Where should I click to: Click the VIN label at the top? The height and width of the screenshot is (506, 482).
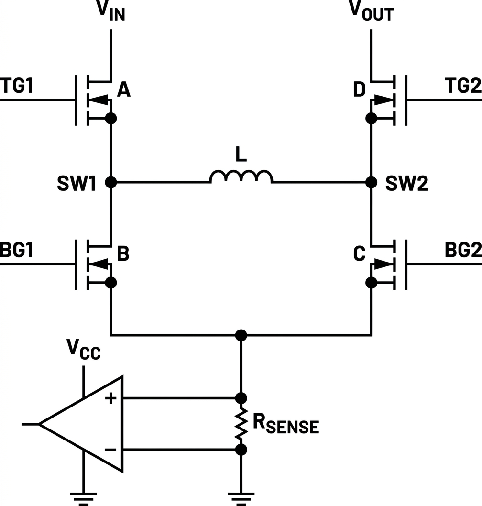tap(110, 11)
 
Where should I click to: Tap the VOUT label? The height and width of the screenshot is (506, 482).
tap(372, 11)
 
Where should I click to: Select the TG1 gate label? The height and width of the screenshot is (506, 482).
tap(17, 86)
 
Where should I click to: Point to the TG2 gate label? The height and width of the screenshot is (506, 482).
tap(463, 86)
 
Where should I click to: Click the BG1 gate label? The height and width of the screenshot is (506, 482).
tap(17, 250)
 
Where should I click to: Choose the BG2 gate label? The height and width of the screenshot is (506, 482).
tap(463, 250)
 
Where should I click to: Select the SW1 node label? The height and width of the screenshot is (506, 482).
tap(77, 183)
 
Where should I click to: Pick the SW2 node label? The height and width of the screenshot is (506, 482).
tap(407, 183)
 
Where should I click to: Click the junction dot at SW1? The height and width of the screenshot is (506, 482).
tap(111, 182)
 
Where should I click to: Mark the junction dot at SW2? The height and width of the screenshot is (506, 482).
tap(372, 182)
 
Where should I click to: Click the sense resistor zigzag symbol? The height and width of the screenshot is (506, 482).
tap(241, 424)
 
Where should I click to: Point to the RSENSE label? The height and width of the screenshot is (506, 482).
tap(286, 424)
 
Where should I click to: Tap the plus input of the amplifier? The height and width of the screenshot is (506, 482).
tap(110, 398)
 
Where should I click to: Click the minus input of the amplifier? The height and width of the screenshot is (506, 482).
tap(110, 450)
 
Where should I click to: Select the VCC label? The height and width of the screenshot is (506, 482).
tap(84, 350)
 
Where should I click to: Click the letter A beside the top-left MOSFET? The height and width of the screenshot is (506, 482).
tap(123, 89)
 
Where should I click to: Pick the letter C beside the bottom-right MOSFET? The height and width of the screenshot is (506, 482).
tap(360, 253)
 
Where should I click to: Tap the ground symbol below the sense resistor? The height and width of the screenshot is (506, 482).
tap(241, 498)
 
